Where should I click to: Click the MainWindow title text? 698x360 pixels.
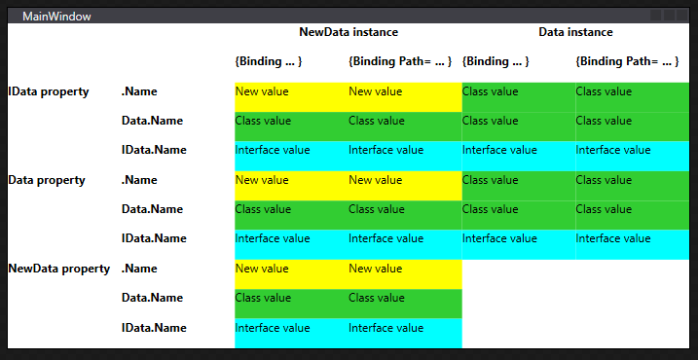coord(51,16)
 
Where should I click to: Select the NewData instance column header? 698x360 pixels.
coord(348,32)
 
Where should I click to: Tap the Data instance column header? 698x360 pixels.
coord(575,32)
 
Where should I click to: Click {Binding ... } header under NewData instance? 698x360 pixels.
coord(269,61)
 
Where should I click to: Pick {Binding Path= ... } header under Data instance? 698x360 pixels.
coord(628,61)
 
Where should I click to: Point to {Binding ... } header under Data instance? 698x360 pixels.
coord(496,61)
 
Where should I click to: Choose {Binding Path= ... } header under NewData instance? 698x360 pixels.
coord(400,61)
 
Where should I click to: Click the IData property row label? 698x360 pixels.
coord(49,91)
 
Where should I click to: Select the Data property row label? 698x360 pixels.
coord(47,180)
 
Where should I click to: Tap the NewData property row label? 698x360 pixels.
coord(58,269)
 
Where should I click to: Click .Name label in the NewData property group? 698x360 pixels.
coord(139,269)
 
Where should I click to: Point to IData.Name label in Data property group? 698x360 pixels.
coord(154,238)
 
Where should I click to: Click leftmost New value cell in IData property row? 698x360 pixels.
coord(262,91)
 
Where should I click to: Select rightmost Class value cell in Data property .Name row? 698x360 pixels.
coord(604,180)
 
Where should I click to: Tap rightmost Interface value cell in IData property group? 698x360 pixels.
coord(613,150)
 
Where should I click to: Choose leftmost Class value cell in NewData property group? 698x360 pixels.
coord(263,298)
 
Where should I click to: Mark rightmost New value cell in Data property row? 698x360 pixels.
coord(376,180)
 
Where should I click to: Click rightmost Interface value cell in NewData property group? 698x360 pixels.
coord(386,328)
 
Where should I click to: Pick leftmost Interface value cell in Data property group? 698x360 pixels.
coord(273,238)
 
